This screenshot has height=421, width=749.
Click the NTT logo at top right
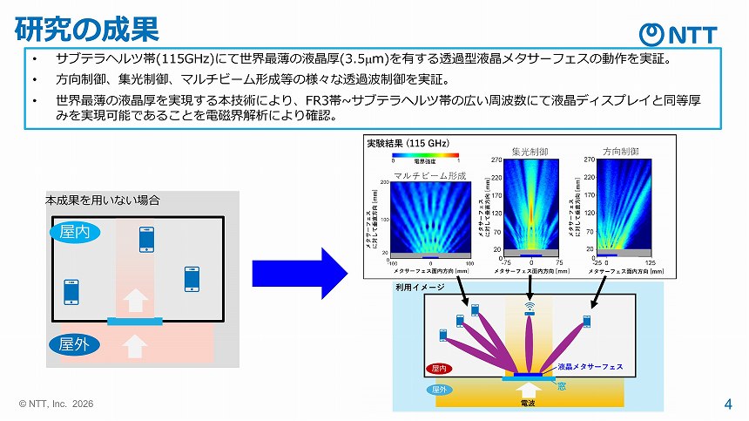click(678, 34)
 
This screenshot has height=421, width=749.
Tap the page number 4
click(727, 404)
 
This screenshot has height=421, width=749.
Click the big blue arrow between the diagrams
click(299, 272)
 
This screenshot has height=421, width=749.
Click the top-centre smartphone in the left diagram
click(146, 240)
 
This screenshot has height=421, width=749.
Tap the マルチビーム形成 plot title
click(430, 176)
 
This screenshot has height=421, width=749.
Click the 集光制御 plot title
click(530, 152)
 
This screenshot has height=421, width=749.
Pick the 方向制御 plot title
click(622, 152)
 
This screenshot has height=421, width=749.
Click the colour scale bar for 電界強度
click(426, 155)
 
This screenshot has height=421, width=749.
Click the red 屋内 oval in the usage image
click(437, 368)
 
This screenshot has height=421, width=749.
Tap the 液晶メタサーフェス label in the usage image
click(588, 367)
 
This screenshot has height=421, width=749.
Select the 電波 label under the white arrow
click(528, 404)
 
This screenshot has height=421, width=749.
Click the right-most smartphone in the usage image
click(587, 322)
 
